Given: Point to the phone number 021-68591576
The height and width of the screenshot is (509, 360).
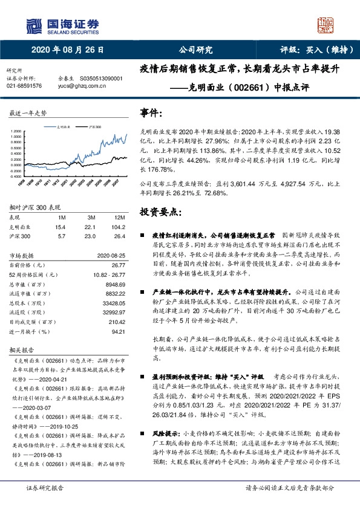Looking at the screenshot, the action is [x=24, y=86].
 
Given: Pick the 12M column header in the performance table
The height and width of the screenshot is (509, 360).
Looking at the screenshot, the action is [x=119, y=217].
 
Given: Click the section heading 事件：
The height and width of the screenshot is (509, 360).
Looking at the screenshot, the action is [x=151, y=113].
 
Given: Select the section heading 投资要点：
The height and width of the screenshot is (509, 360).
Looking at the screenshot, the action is [x=161, y=212].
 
